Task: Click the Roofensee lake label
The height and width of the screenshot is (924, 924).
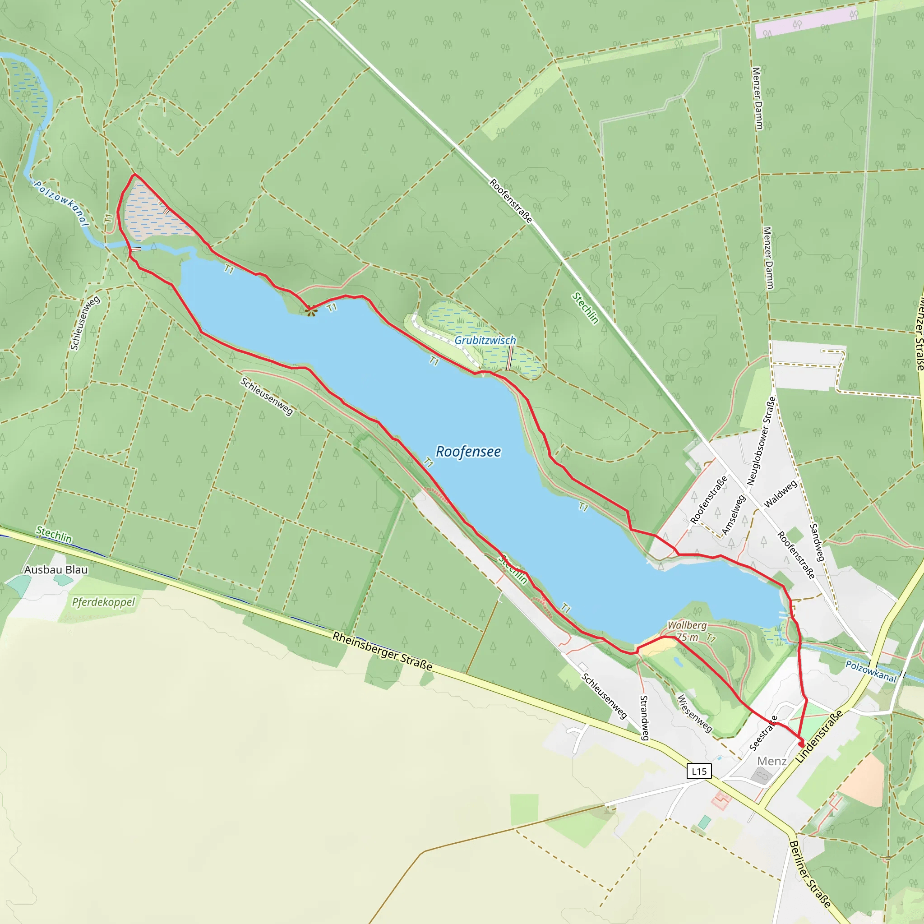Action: (468, 452)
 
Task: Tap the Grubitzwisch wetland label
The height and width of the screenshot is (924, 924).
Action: (485, 340)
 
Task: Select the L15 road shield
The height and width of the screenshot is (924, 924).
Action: (699, 771)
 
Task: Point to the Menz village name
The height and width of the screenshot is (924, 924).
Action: (772, 761)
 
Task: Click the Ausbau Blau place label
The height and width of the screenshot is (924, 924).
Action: (56, 570)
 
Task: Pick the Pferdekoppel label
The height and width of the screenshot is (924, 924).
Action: (103, 602)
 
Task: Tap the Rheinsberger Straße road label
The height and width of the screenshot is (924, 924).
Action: (382, 651)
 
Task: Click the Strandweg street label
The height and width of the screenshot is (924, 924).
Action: (644, 717)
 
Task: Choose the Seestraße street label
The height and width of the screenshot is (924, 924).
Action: (763, 733)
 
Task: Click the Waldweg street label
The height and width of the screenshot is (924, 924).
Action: (781, 494)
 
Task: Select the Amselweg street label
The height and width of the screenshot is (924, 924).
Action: (733, 515)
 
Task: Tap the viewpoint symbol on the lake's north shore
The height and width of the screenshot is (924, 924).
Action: (311, 311)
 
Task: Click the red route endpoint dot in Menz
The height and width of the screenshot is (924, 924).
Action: (802, 744)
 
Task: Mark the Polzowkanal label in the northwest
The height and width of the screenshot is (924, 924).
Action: (61, 203)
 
